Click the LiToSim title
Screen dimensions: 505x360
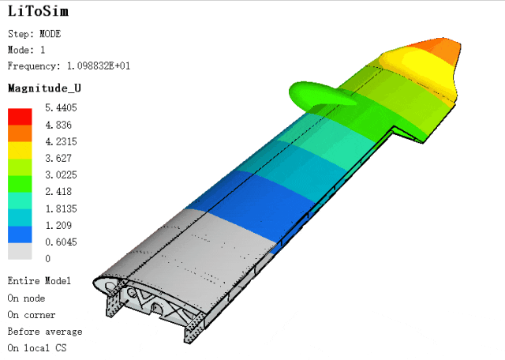coord(38,11)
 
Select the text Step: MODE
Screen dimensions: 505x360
coord(35,34)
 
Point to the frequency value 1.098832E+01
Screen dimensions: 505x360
coord(99,66)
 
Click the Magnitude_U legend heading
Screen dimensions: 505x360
coord(44,88)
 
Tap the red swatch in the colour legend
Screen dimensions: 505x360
coord(20,117)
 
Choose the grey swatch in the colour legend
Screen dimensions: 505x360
coord(20,251)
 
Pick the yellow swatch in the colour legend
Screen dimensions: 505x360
coord(20,150)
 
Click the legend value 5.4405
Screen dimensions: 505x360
coord(62,107)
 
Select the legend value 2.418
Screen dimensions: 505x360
coord(58,191)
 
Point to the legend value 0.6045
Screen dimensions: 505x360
coord(62,242)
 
